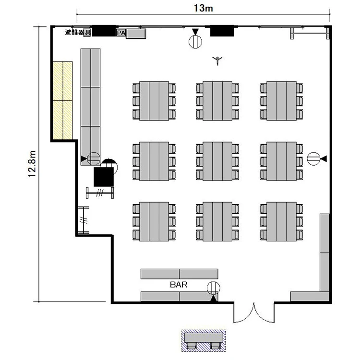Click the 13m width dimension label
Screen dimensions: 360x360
204,8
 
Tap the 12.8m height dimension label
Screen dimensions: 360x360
32,164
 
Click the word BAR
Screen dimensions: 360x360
179,285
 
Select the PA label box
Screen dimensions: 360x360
121,33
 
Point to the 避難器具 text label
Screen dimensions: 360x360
78,32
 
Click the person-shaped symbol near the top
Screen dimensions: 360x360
217,60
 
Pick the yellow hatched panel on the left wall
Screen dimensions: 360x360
63,100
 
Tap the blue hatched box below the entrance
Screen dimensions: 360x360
204,340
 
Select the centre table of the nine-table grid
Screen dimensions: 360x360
217,161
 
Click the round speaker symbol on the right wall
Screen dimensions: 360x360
313,159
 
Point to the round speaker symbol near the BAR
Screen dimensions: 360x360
214,288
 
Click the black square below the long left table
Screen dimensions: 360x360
104,177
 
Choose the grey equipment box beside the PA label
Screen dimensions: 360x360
136,34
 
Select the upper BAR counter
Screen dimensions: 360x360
180,274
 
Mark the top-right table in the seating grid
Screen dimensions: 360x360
281,101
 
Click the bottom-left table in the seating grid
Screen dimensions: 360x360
154,222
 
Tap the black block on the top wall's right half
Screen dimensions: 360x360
222,31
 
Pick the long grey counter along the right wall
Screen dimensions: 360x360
324,252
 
